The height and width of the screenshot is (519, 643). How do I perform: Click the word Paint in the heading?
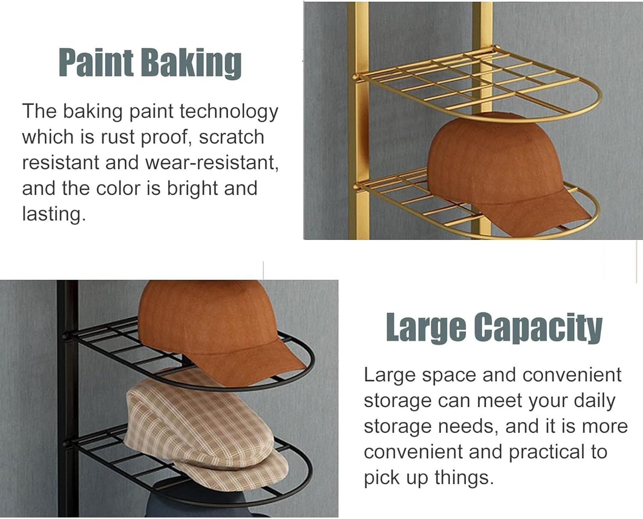pos(96,63)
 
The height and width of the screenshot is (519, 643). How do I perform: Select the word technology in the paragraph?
pos(229,111)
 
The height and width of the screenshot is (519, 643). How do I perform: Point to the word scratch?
pos(231,137)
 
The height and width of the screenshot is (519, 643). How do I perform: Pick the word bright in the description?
pos(192,189)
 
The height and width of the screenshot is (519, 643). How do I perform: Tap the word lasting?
pos(53,214)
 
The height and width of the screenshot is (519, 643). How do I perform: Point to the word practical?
pos(547,453)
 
